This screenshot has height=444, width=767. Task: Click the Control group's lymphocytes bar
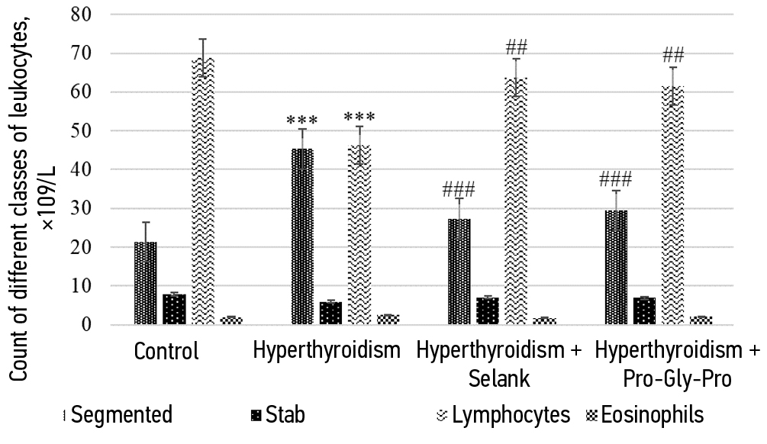coord(202,191)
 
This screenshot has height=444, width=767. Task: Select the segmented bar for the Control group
coord(145,283)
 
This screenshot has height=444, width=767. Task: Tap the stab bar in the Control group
coord(174,310)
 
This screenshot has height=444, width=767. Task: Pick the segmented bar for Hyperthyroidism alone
coord(303,236)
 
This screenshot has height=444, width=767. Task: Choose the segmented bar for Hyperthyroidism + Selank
coord(459,272)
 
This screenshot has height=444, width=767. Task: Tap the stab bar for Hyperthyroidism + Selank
coord(487,311)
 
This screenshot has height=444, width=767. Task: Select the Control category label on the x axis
coord(166,352)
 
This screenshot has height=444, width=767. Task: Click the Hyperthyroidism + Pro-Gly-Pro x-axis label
coord(677,364)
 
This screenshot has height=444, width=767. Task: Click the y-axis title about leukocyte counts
coord(31,168)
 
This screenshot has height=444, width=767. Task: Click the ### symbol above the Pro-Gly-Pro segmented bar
coord(616,179)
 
